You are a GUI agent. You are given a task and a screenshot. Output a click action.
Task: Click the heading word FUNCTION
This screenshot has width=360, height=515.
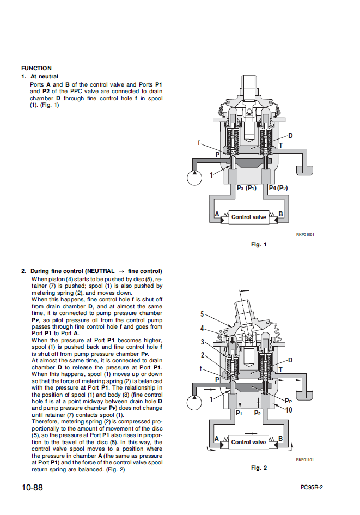[36, 68]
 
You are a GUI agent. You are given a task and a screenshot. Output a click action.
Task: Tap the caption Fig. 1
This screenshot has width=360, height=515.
[259, 245]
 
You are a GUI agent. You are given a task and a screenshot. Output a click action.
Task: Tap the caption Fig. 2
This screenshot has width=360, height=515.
[259, 468]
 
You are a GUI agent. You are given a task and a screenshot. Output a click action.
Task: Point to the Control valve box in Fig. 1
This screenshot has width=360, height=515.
[248, 217]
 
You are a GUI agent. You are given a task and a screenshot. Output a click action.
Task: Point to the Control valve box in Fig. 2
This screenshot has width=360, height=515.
[248, 442]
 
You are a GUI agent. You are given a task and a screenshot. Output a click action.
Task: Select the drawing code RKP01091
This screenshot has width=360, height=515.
[304, 235]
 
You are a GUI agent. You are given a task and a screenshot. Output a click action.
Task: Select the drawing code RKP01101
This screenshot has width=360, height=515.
[304, 459]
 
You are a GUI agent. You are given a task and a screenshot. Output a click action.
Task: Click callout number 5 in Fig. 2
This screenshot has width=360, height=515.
[202, 314]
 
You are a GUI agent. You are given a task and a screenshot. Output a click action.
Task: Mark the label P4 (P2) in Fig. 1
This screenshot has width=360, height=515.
[278, 188]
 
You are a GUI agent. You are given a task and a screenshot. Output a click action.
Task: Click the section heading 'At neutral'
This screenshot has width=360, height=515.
[44, 77]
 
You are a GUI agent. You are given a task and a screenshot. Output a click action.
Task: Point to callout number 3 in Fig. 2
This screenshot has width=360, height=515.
[202, 342]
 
